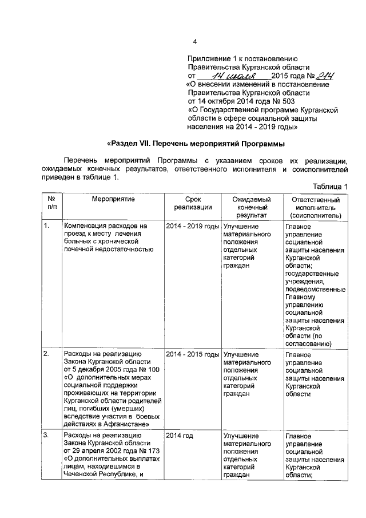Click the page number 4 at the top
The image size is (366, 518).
(x=194, y=41)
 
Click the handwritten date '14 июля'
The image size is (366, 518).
(x=235, y=76)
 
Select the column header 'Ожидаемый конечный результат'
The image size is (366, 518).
(x=250, y=207)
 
